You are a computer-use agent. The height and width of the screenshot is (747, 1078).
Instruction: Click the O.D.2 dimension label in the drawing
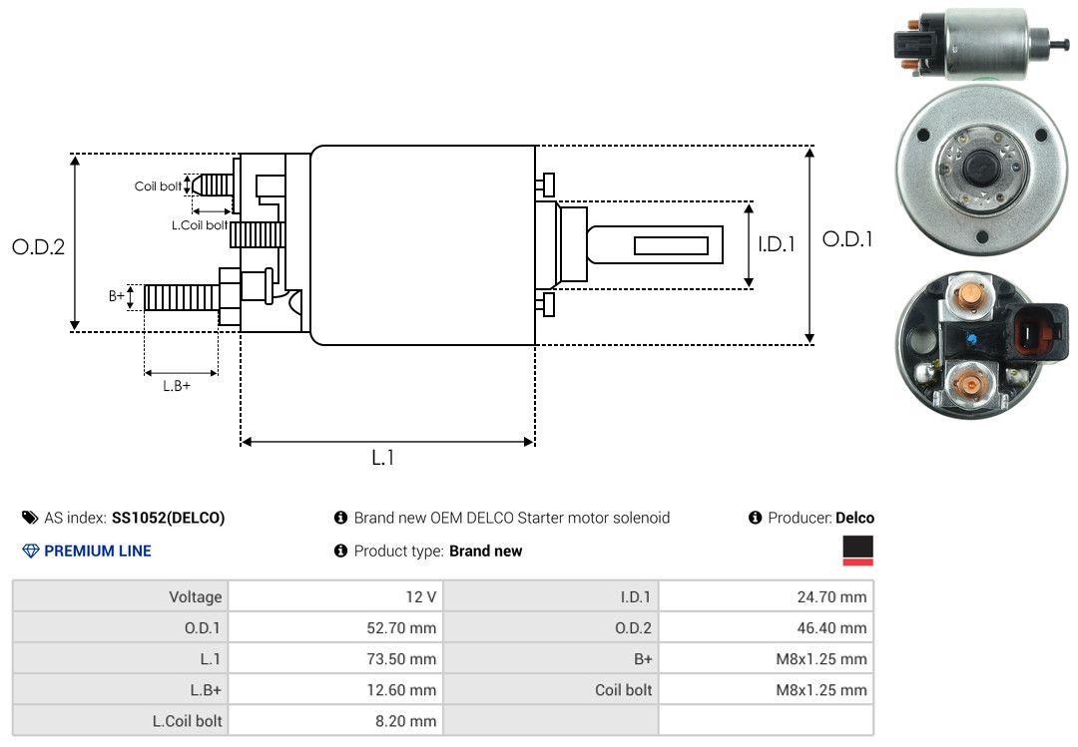[x=39, y=246]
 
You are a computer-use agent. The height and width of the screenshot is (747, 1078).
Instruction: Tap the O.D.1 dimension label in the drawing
[x=847, y=239]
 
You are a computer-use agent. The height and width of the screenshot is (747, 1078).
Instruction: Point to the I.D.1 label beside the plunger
[x=777, y=244]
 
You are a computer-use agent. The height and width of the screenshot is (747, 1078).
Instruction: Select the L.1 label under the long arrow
[x=383, y=458]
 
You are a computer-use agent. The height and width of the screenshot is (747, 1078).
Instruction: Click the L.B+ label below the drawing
[x=177, y=386]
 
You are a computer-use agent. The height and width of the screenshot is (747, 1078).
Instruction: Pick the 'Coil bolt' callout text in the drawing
[x=158, y=187]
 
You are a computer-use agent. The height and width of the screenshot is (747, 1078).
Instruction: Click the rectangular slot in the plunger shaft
[x=671, y=245]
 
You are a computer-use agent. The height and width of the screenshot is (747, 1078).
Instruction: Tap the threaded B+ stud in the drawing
[x=183, y=297]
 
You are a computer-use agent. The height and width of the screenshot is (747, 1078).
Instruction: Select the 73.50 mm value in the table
[x=401, y=659]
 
